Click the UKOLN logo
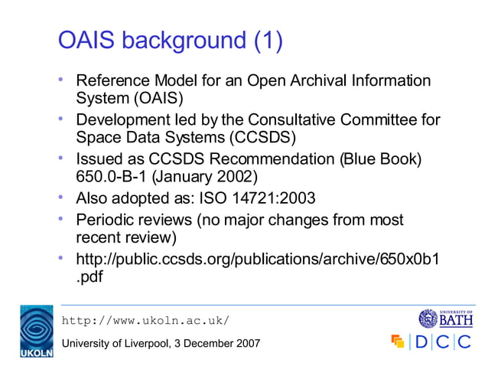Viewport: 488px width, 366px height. [x=36, y=332]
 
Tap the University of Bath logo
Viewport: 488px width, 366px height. [x=446, y=318]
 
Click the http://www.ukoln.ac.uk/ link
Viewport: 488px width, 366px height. [x=145, y=319]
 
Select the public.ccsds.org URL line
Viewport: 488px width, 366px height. [x=257, y=258]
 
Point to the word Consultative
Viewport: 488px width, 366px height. [x=315, y=119]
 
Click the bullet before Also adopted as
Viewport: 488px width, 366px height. [x=62, y=198]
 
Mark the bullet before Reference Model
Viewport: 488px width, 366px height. [x=62, y=80]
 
